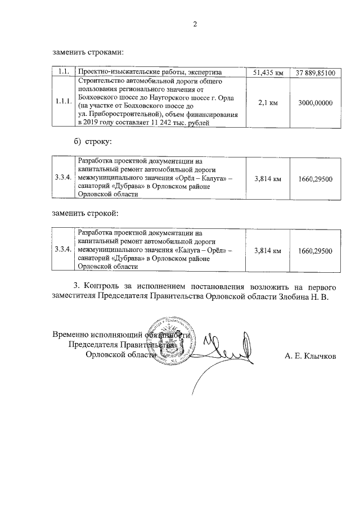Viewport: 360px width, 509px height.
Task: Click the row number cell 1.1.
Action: point(63,72)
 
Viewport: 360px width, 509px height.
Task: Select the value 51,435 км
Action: point(268,73)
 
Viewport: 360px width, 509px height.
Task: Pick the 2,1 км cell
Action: point(268,103)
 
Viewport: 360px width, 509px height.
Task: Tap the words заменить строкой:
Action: point(85,213)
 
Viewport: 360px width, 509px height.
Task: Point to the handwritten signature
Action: point(225,349)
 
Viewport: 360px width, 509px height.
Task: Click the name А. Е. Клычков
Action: point(311,355)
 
